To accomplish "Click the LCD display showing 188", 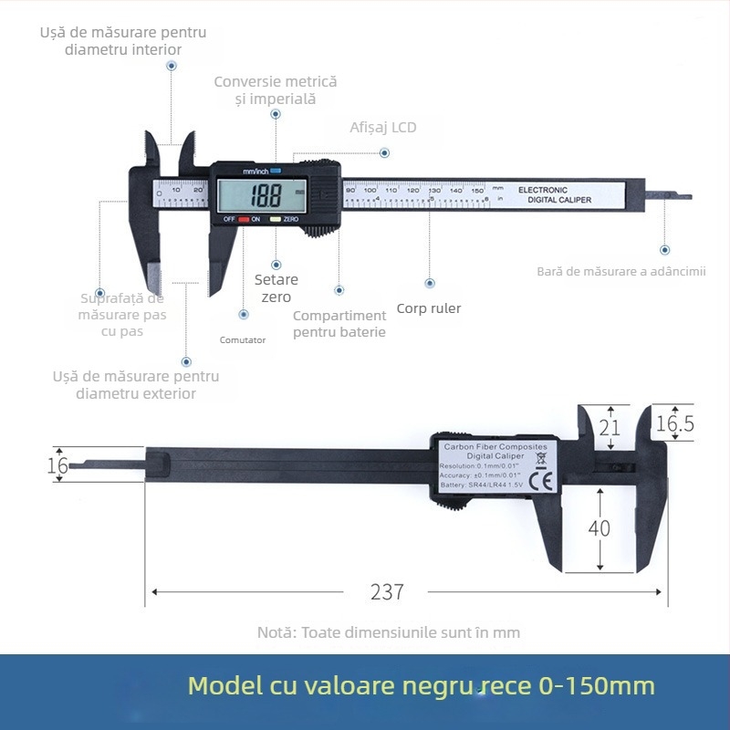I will click(x=260, y=194).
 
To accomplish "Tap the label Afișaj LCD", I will click(x=382, y=128).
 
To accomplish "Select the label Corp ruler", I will click(x=428, y=308).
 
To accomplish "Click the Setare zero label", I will click(x=276, y=288).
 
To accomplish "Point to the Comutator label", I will click(x=243, y=340).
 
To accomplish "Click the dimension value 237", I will click(x=387, y=591).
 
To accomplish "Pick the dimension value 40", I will click(x=599, y=528).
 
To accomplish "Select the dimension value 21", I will click(x=610, y=426).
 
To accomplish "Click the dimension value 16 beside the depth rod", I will click(x=57, y=464).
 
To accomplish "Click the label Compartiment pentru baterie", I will click(x=339, y=324).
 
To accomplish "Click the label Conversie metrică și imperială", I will click(x=275, y=89).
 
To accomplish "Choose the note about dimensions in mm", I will click(x=388, y=631).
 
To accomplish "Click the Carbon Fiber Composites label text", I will click(x=495, y=447).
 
